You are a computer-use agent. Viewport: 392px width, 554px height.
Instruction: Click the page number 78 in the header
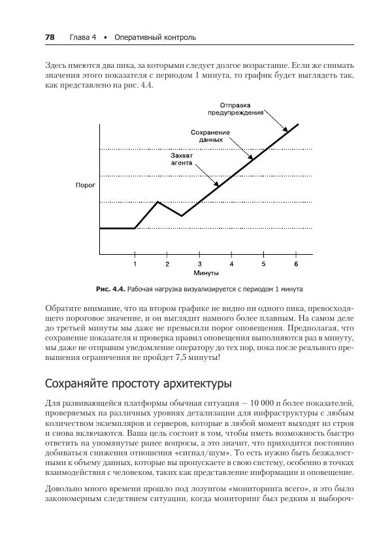(x=50, y=37)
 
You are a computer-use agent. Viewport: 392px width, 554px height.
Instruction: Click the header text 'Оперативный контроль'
(x=155, y=37)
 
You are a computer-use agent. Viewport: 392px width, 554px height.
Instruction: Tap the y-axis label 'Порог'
(x=85, y=186)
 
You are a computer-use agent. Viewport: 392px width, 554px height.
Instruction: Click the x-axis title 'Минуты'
(x=206, y=272)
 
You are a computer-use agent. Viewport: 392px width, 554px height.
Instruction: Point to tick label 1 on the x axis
(x=135, y=264)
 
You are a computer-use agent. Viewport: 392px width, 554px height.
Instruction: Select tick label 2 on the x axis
(x=167, y=264)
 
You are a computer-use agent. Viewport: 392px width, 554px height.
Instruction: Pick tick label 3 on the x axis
(x=199, y=264)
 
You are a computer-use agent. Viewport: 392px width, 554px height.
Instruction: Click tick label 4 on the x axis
(x=231, y=264)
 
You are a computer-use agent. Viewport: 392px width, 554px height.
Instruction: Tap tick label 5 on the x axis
(x=263, y=264)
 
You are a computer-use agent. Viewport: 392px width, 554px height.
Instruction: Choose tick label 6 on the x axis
(x=296, y=264)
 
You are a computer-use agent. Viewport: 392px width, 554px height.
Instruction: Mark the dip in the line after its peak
(x=182, y=216)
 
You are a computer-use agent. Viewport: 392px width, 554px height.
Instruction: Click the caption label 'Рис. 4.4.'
(x=110, y=288)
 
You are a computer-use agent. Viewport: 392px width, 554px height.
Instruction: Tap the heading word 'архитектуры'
(x=194, y=382)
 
